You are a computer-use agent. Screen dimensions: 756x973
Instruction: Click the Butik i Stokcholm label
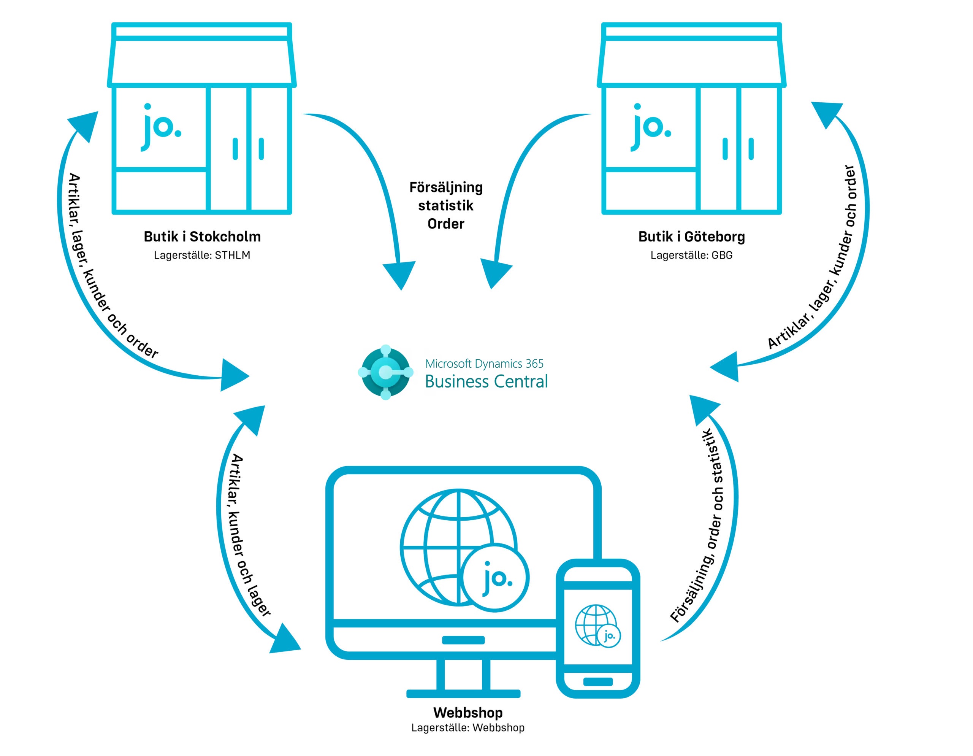click(x=202, y=237)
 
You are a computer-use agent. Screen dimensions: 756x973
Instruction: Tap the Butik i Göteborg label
click(x=691, y=237)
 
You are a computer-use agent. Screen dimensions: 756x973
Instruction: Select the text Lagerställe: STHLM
click(x=202, y=256)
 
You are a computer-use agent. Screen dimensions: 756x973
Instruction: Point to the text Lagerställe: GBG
click(x=691, y=256)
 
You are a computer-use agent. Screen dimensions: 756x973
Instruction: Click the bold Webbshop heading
click(x=468, y=713)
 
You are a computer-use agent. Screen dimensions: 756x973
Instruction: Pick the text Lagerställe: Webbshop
click(x=468, y=728)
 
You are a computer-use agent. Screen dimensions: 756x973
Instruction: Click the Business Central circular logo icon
click(x=386, y=372)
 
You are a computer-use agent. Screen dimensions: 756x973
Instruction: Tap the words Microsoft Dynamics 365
click(x=484, y=364)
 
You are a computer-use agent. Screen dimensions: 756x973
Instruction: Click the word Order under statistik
click(x=445, y=224)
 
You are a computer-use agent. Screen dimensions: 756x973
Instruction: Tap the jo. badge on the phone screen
click(x=609, y=636)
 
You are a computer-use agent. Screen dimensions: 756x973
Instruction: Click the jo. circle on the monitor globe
click(x=495, y=578)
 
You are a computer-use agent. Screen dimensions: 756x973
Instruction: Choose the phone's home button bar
click(x=597, y=681)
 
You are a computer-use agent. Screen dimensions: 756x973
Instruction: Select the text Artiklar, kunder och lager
click(x=249, y=535)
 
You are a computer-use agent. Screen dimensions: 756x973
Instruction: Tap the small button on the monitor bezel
click(x=463, y=640)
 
